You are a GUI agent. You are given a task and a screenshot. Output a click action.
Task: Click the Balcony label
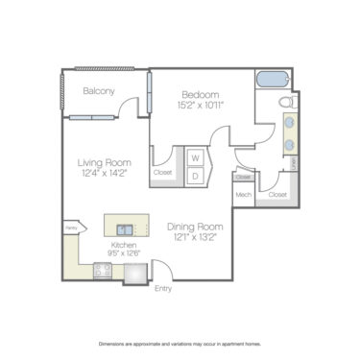click(98, 91)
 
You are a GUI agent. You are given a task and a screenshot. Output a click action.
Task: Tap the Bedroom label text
click(201, 94)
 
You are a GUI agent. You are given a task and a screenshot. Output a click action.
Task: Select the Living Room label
click(105, 163)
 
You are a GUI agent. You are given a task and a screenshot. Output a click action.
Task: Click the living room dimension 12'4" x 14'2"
click(105, 174)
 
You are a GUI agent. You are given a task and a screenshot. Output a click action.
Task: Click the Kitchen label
click(124, 246)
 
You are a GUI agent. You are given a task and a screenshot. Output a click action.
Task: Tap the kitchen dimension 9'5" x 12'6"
click(124, 254)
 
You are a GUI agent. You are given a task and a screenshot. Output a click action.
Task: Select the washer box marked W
click(195, 157)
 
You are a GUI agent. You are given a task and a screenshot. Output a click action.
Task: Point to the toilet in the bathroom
click(285, 102)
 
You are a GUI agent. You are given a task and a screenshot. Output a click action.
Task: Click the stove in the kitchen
click(104, 272)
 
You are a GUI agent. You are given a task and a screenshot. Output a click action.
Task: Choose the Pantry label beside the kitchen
click(70, 228)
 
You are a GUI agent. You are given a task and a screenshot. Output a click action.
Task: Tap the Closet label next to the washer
click(163, 174)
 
